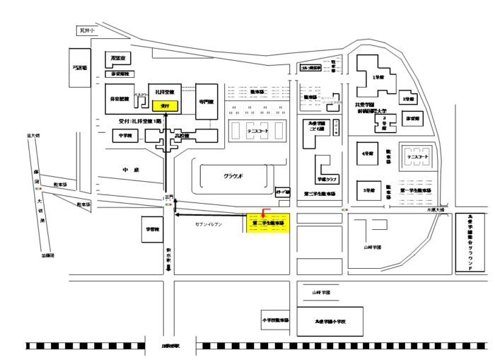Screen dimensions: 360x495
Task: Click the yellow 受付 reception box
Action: click(165, 105)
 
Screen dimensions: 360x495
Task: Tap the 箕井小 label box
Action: click(87, 30)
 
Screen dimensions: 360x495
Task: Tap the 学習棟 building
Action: click(153, 229)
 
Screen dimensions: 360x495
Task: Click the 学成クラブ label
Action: click(326, 179)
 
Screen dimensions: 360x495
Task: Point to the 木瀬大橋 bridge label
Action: click(433, 210)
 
